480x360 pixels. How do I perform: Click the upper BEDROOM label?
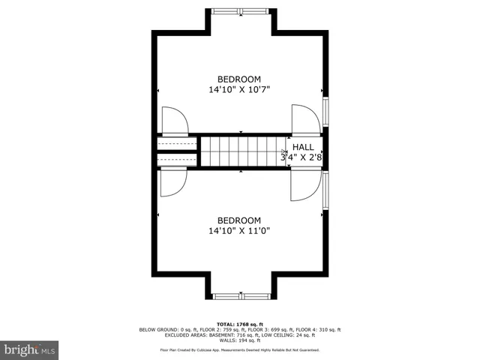pos(239,79)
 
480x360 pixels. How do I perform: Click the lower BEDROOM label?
pos(239,220)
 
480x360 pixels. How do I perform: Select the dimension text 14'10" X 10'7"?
pos(239,89)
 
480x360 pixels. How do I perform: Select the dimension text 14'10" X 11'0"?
pos(239,230)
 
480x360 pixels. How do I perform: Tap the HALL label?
pos(303,147)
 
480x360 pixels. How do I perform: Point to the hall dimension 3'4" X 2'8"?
pos(301,157)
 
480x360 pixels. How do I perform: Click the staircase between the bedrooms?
pos(241,152)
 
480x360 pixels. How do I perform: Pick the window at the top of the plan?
pos(240,11)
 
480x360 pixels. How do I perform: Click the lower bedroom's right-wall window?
pos(325,190)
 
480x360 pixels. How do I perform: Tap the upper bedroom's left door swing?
pos(174,121)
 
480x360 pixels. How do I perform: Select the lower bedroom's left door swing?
pos(173,182)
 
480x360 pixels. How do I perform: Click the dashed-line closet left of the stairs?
pos(177,151)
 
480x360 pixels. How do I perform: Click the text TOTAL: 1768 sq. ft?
pos(240,324)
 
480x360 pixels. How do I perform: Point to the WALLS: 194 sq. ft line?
pos(240,340)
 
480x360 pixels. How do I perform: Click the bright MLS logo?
pos(30,349)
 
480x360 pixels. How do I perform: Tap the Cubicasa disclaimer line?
pos(240,349)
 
